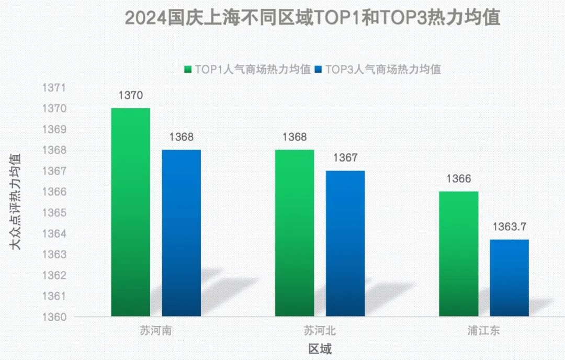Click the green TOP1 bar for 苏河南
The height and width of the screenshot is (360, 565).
131,212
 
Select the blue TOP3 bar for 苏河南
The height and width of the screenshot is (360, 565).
181,233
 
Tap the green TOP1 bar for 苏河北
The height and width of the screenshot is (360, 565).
295,233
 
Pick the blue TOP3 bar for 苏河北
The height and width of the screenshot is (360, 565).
345,243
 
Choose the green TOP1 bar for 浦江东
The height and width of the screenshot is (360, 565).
458,254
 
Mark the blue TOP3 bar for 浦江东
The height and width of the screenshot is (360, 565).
509,278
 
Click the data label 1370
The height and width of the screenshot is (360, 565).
131,96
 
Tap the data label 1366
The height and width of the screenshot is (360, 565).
458,179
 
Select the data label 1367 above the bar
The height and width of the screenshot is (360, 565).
345,158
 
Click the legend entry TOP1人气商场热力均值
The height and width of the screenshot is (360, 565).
247,69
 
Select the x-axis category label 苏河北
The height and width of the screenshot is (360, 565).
319,331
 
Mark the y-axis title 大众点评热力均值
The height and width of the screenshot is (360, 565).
17,201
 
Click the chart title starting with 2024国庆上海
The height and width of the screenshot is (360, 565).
312,18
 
